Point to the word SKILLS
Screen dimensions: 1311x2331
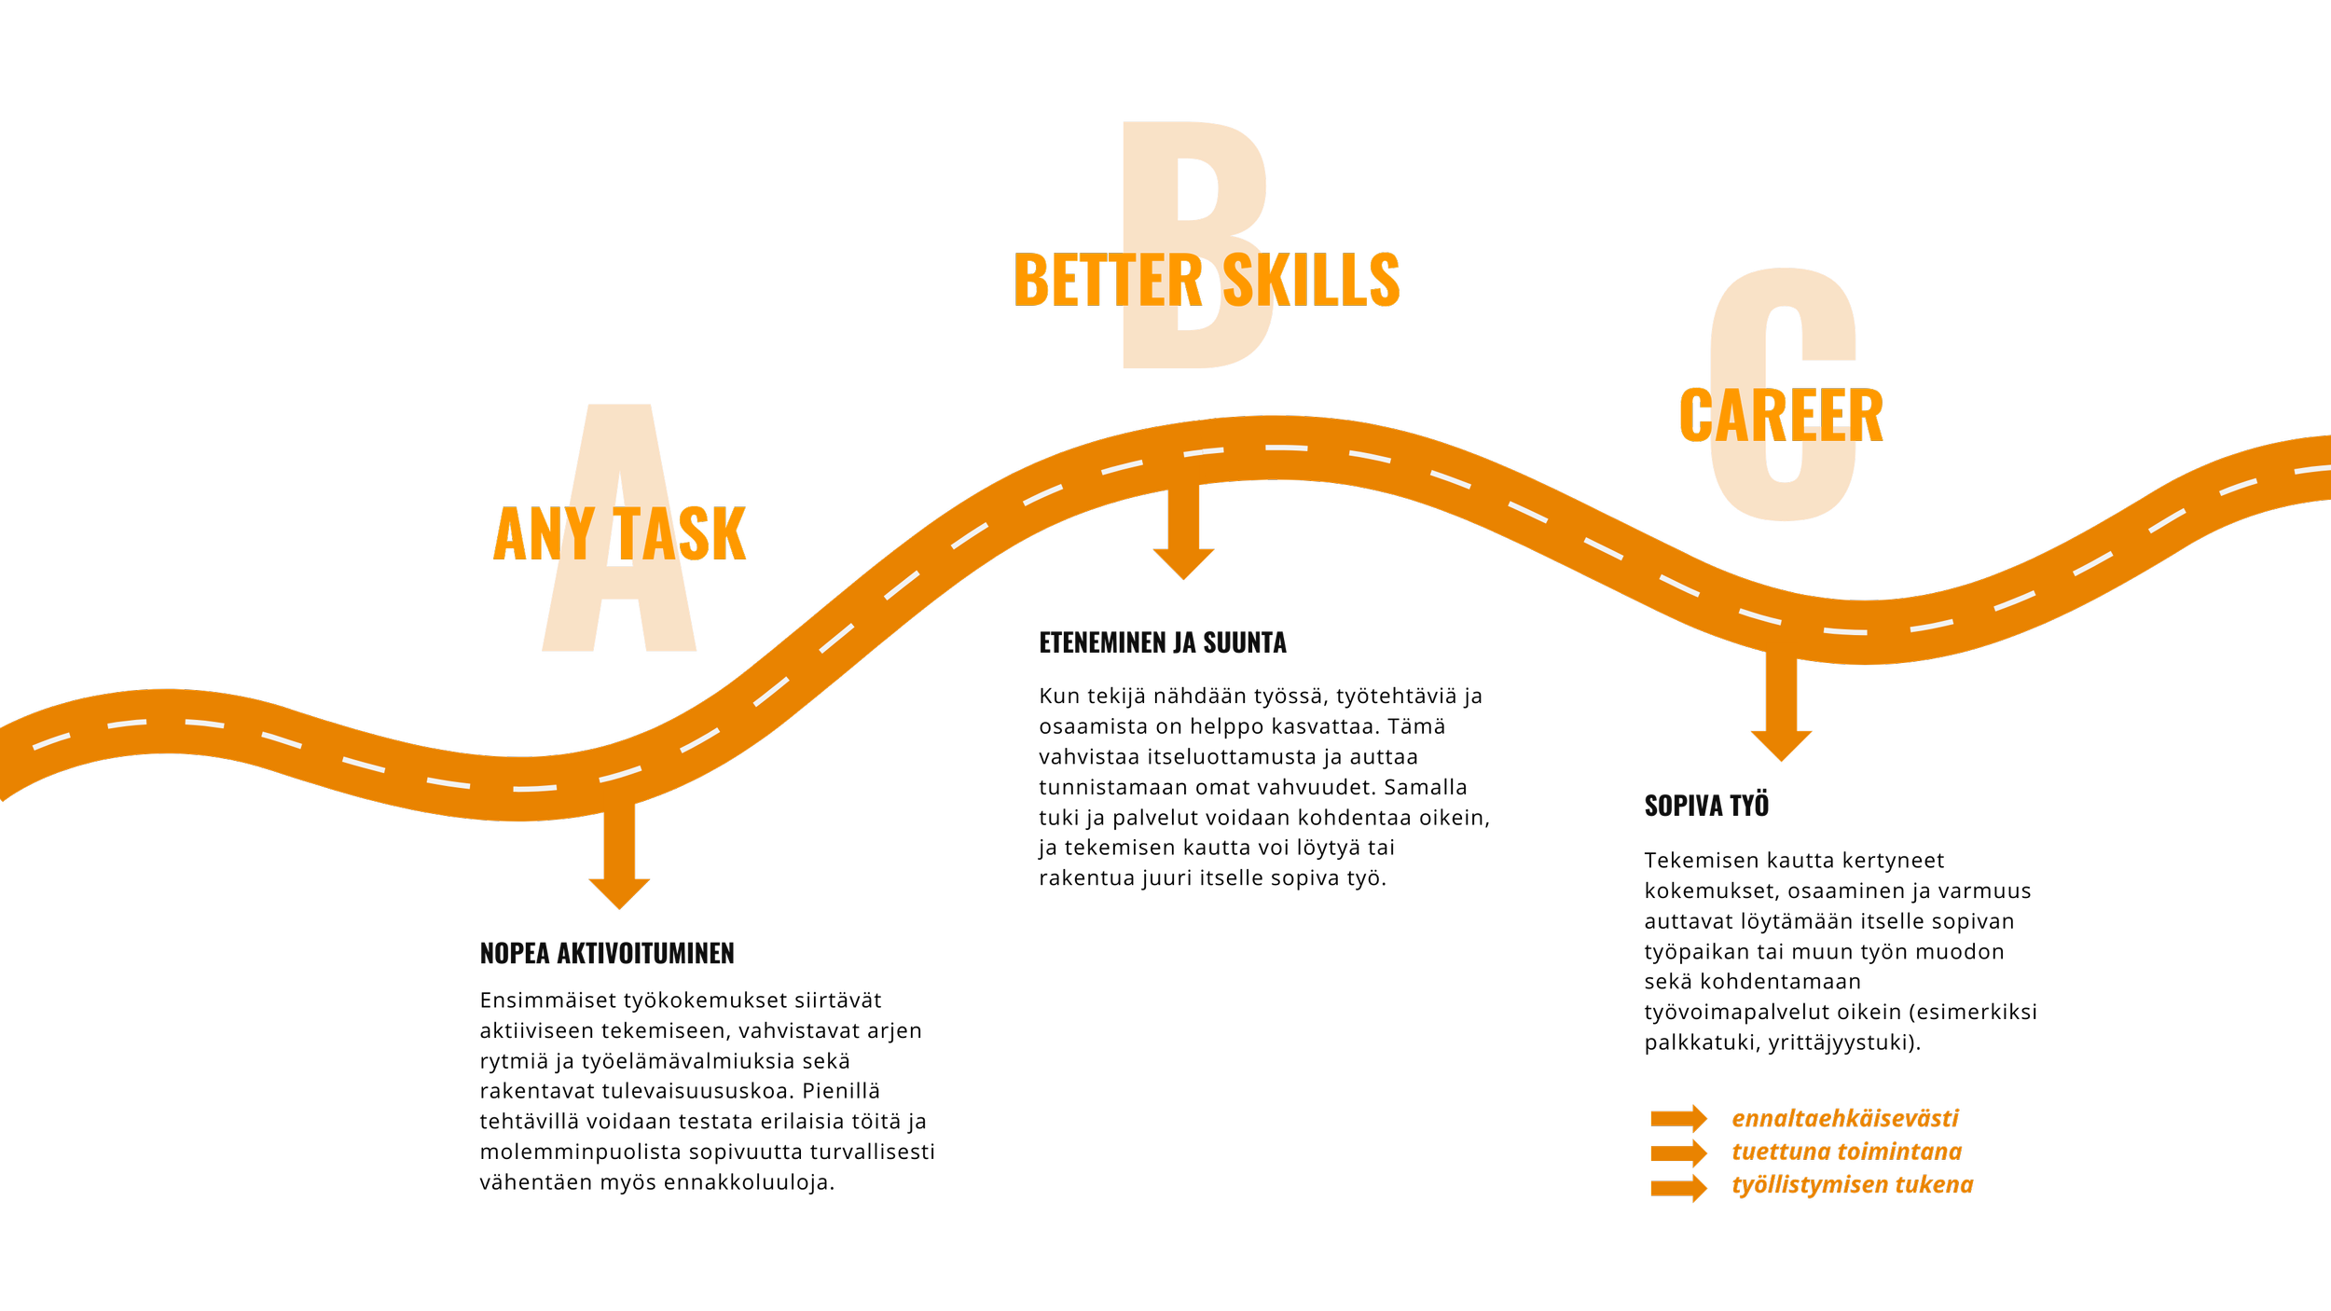click(1311, 280)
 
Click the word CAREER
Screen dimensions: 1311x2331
click(1781, 416)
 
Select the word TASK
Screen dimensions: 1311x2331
click(681, 534)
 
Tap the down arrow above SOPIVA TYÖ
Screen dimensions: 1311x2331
click(1781, 713)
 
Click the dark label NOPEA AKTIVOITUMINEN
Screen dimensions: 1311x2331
click(607, 953)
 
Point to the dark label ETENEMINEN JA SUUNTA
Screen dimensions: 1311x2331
click(1163, 642)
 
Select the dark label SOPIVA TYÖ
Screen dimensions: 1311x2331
click(1706, 806)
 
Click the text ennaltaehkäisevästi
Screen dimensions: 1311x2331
click(1845, 1118)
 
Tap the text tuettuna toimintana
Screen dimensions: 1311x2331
click(1846, 1152)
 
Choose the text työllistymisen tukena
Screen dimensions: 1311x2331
click(1852, 1184)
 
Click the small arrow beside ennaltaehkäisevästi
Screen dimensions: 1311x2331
click(1678, 1118)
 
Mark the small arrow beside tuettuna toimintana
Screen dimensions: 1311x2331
click(1678, 1152)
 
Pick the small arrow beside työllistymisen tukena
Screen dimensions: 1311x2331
click(1678, 1187)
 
